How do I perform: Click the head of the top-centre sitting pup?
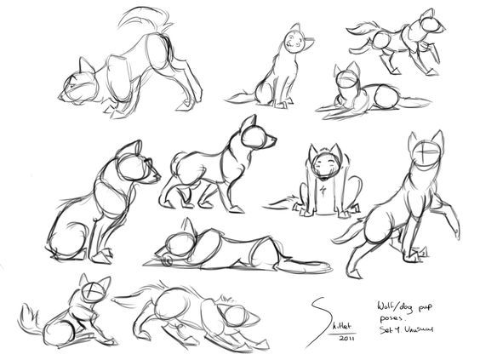click(x=294, y=40)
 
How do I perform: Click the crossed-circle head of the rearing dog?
click(x=425, y=156)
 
